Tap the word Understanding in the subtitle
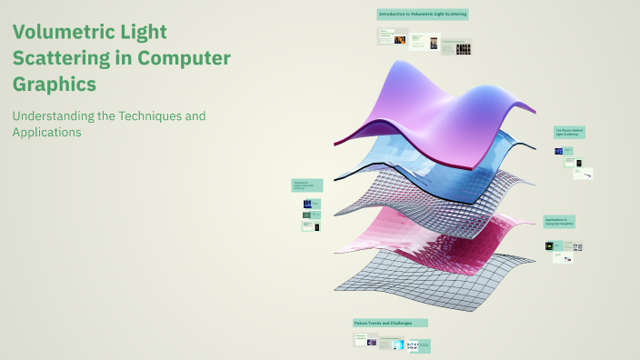coord(56,116)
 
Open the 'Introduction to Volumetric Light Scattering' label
coord(423,15)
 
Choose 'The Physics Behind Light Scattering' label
coord(570,133)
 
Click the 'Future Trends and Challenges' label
coord(390,323)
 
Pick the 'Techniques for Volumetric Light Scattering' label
coord(307,185)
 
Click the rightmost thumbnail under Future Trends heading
coord(419,345)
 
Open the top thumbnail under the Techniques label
coord(307,204)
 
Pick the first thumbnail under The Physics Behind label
coord(560,151)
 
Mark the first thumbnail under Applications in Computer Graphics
coord(549,245)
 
